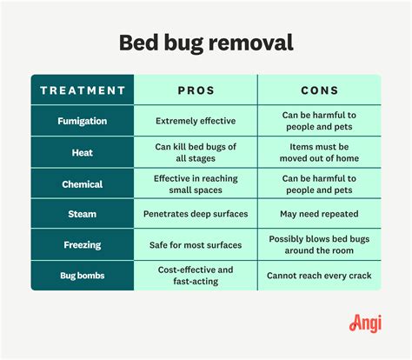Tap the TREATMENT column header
click(83, 90)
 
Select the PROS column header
click(196, 90)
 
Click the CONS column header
click(319, 90)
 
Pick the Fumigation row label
click(83, 122)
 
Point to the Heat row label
click(83, 152)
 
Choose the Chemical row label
click(83, 183)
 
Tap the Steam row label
click(83, 214)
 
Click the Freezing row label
click(83, 244)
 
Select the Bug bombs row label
click(83, 275)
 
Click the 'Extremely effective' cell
click(196, 122)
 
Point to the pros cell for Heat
click(196, 152)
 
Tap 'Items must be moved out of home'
click(319, 152)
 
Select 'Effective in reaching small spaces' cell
click(196, 183)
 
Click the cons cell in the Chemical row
click(319, 183)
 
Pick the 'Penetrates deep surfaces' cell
click(196, 214)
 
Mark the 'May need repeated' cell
click(319, 214)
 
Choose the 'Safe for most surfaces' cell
click(196, 244)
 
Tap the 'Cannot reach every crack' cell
click(319, 275)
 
